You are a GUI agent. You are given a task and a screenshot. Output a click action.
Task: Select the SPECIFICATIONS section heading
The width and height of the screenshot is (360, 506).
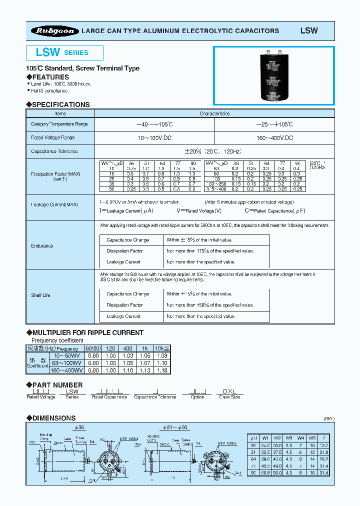tap(60, 104)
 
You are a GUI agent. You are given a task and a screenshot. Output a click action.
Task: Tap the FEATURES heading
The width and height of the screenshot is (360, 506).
tap(50, 77)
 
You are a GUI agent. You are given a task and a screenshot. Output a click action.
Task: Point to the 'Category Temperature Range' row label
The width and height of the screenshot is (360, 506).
tap(59, 124)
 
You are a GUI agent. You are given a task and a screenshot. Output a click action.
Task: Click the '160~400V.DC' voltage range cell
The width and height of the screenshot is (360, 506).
tap(274, 137)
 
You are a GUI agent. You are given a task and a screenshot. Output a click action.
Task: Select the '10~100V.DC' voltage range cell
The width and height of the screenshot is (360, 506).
tap(154, 137)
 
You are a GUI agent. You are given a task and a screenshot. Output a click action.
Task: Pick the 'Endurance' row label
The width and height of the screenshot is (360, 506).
tap(42, 245)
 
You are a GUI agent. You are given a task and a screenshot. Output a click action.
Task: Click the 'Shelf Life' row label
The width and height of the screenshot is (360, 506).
tap(41, 295)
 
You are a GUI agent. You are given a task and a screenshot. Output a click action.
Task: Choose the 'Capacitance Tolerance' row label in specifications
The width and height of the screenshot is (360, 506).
tap(54, 151)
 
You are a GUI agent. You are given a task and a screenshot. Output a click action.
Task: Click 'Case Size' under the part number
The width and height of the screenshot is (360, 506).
tap(229, 397)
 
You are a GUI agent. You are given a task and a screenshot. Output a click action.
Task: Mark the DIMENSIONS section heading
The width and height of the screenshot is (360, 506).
tap(53, 418)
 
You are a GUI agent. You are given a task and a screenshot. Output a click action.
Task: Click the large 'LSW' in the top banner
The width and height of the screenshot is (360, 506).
tap(308, 30)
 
